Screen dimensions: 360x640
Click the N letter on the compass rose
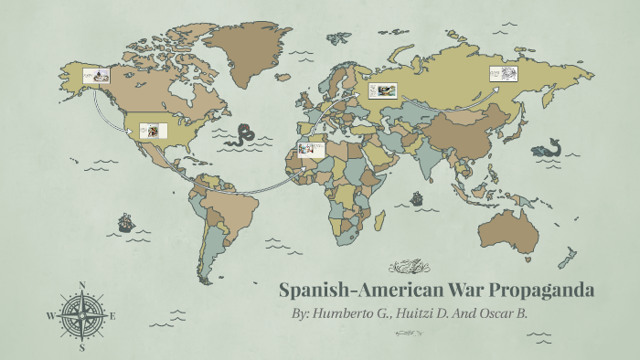pyautogui.click(x=82, y=286)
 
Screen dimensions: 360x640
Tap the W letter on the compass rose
pyautogui.click(x=50, y=316)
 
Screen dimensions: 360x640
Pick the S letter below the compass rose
pyautogui.click(x=82, y=347)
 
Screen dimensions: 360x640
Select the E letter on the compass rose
pyautogui.click(x=113, y=316)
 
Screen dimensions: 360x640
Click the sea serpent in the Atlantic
pyautogui.click(x=243, y=136)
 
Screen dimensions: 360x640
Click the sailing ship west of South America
pyautogui.click(x=125, y=222)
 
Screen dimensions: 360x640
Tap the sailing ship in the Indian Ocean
pyautogui.click(x=416, y=197)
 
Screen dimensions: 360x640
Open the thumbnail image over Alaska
pyautogui.click(x=96, y=76)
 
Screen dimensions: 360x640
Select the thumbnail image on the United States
pyautogui.click(x=152, y=129)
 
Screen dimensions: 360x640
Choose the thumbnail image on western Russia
pyautogui.click(x=382, y=90)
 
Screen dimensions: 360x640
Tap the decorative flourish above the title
pyautogui.click(x=408, y=268)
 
